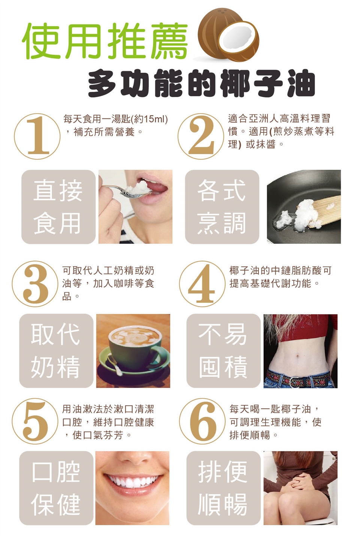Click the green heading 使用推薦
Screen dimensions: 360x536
click(x=105, y=41)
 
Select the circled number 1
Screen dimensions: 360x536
click(x=37, y=136)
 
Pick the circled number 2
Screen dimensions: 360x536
click(x=201, y=136)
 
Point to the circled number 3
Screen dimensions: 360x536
click(x=35, y=284)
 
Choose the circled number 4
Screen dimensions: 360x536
click(x=202, y=284)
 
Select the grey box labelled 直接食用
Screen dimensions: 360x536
click(x=58, y=207)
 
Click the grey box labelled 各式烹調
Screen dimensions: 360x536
click(x=222, y=207)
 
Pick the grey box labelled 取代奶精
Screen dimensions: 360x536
click(x=56, y=351)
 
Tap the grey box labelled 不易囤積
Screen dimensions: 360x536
click(x=223, y=351)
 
